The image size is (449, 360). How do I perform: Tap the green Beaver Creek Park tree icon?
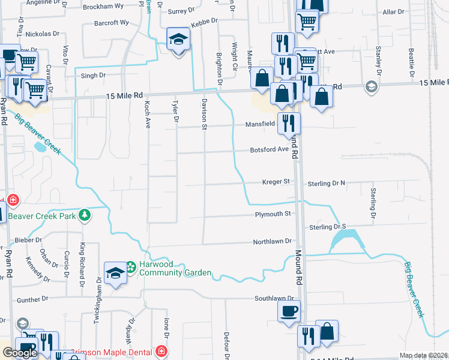(85, 214)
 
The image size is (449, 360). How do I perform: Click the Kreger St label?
(276, 182)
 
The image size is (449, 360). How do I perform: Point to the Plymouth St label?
(273, 214)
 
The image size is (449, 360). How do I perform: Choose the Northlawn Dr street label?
(272, 241)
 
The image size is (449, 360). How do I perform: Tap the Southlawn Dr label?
(274, 298)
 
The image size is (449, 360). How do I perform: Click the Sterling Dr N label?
(327, 183)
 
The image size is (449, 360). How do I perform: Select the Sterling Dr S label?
(328, 227)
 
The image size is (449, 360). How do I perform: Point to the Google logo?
(20, 353)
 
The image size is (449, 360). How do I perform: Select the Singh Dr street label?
(93, 76)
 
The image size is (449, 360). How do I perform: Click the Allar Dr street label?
(394, 12)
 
